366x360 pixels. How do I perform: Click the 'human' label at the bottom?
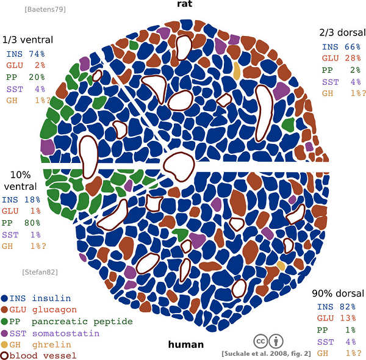click(185, 344)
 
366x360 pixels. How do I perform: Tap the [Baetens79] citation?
click(45, 9)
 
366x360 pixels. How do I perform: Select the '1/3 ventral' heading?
click(27, 40)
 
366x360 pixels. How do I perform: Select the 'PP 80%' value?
click(21, 223)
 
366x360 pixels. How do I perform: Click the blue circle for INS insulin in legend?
click(5, 298)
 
